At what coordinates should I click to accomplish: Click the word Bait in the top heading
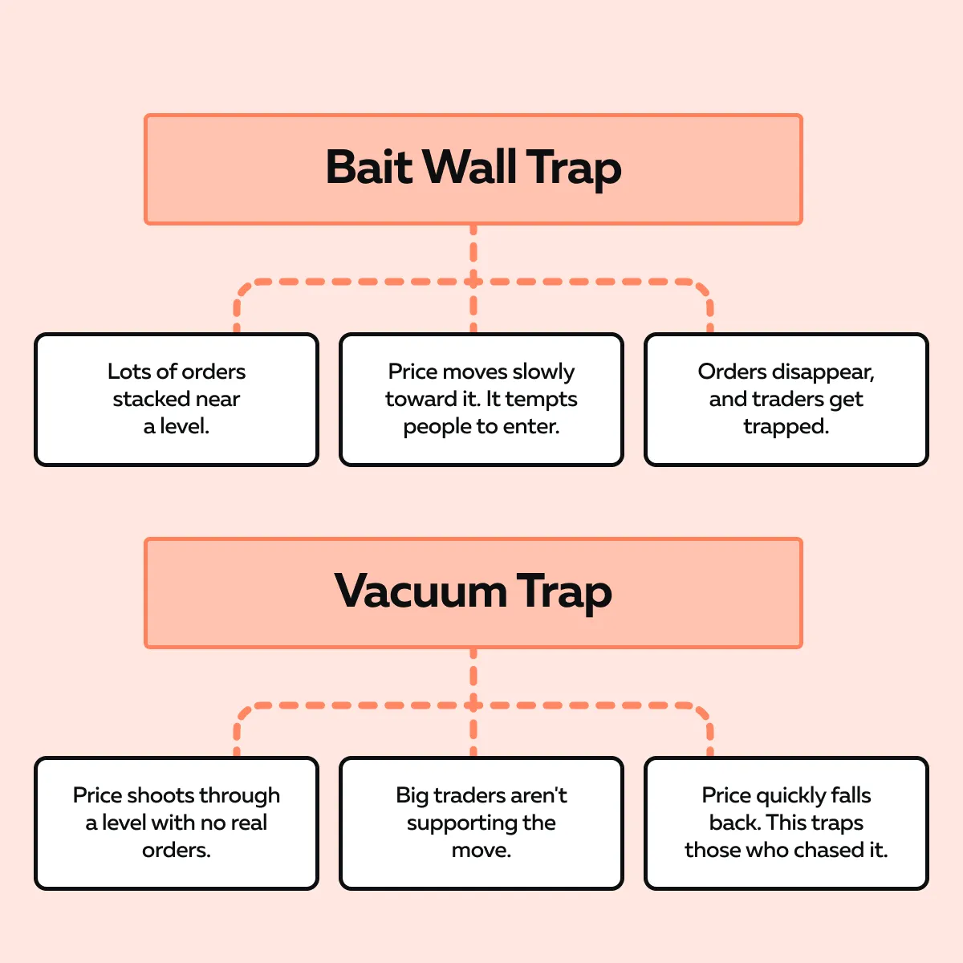(368, 168)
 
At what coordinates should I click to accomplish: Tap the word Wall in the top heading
(469, 168)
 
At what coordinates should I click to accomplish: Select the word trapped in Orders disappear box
(786, 426)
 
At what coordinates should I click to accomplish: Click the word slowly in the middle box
(543, 372)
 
